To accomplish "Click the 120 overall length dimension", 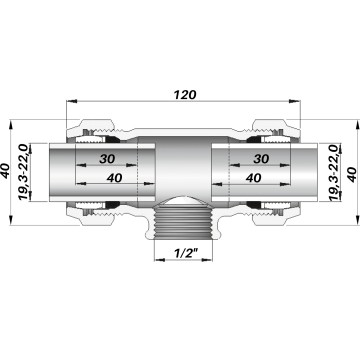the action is [185, 95].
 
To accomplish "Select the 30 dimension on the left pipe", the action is [107, 159].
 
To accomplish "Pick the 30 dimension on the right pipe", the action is [261, 159].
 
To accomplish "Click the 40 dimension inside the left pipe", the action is [114, 178].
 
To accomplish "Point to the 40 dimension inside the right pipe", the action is [253, 178].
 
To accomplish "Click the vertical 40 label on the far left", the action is [6, 171].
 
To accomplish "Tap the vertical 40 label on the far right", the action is [352, 174].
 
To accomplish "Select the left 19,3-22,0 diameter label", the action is [23, 172].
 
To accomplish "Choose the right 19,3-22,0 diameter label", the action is [334, 173].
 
